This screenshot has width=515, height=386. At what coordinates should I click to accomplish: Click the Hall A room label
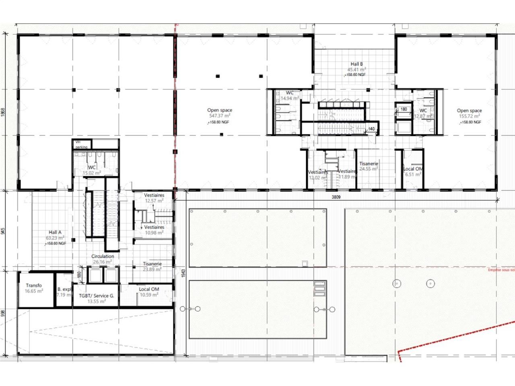tap(55, 232)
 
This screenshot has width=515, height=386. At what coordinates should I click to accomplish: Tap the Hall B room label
tap(356, 64)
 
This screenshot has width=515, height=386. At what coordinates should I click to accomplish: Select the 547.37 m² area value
tap(220, 116)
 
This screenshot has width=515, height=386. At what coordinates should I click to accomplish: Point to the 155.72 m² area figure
tap(469, 116)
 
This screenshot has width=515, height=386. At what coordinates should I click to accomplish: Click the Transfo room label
tap(34, 285)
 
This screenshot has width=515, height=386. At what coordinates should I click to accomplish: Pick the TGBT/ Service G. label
tap(97, 296)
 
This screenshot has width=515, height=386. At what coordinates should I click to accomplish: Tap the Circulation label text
tap(103, 256)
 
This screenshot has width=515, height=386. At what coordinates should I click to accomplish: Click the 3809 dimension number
tap(336, 197)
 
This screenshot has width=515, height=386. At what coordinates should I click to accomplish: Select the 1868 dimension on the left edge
tap(3, 112)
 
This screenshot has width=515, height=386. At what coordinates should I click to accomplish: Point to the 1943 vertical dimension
tap(183, 273)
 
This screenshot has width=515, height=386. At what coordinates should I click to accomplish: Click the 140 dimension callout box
tap(371, 129)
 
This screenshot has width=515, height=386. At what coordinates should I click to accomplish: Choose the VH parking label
tap(81, 145)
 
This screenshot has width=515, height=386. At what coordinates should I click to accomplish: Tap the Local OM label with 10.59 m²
tap(149, 289)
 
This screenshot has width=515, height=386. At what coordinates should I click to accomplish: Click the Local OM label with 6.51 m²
tap(413, 169)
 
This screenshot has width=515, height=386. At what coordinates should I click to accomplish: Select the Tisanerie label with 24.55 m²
tap(369, 164)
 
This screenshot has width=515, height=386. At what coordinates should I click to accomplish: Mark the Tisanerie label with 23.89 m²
tap(152, 264)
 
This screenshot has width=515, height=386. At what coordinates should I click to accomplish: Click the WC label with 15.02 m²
tap(92, 167)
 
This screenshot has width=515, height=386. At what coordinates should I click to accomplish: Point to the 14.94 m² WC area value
tap(289, 98)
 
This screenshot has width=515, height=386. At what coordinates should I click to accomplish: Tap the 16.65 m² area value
tap(34, 291)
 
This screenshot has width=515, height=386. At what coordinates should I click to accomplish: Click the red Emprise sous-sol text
tap(501, 270)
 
